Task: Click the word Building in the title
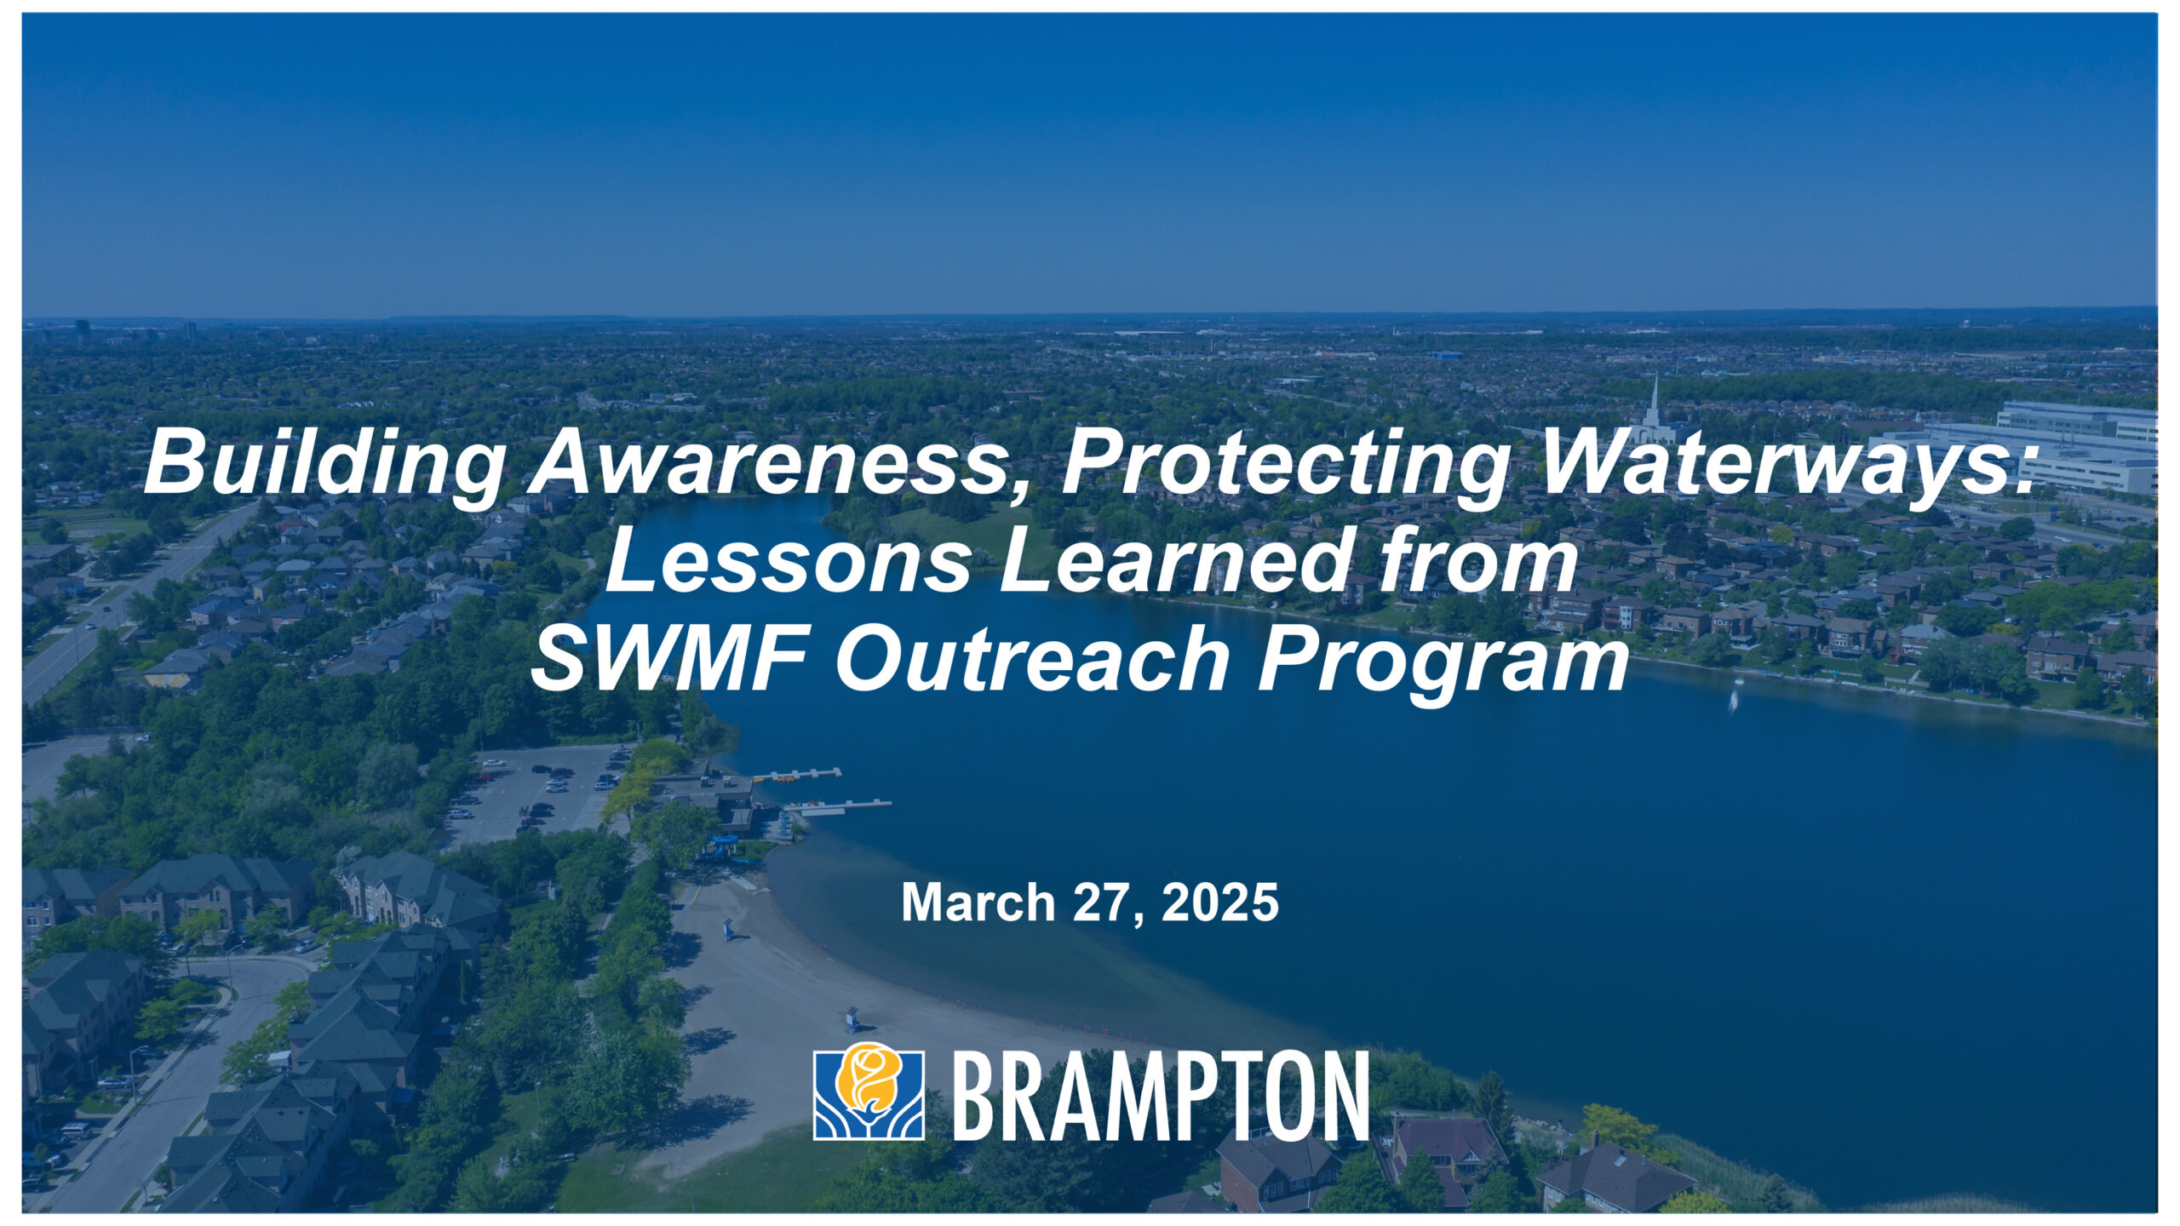pos(324,464)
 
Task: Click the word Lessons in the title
pos(789,562)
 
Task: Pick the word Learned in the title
pos(1175,562)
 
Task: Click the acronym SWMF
pos(673,660)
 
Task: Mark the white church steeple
pos(1654,404)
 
